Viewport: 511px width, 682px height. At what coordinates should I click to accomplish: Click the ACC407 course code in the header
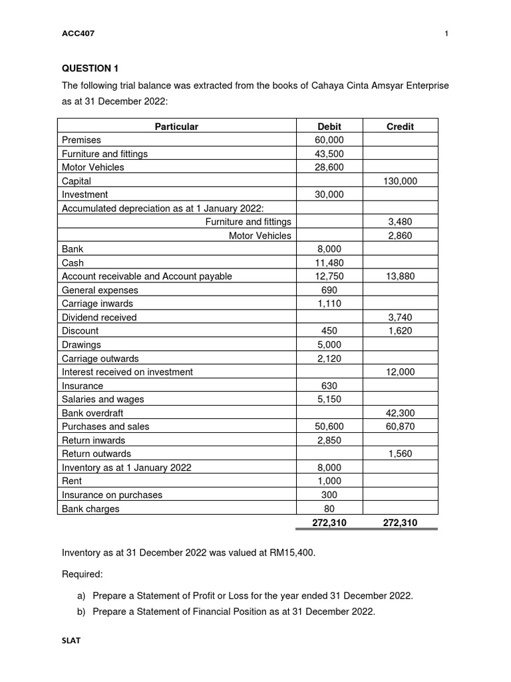coord(78,35)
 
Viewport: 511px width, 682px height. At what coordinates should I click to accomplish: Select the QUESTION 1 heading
coord(89,69)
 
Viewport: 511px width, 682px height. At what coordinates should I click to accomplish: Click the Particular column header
coord(176,126)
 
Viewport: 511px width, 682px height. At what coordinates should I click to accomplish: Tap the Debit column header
coord(329,126)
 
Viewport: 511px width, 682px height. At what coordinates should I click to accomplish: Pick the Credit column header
coord(400,126)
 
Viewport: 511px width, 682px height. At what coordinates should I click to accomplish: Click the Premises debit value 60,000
coord(329,140)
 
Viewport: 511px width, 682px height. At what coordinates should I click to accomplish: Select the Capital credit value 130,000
coord(400,180)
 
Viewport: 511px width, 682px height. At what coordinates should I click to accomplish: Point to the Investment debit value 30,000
coord(329,194)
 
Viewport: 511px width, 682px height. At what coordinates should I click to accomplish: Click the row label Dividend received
coord(99,318)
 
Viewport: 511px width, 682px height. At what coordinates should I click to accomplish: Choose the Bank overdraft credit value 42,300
coord(400,413)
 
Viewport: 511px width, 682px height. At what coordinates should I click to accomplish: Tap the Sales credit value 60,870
coord(400,426)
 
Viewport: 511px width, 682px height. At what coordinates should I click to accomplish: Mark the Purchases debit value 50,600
coord(329,426)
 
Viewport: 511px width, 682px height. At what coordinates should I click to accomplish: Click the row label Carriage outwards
coord(100,358)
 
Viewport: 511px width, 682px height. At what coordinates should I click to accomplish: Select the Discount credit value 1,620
coord(400,331)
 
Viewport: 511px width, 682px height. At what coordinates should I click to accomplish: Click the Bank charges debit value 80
coord(329,509)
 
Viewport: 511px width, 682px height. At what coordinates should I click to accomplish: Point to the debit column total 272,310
coord(329,523)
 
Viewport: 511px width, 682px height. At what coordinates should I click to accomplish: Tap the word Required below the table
coord(83,573)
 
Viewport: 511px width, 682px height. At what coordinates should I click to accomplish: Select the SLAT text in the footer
coord(71,641)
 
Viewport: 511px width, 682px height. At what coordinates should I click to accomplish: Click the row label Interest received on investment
coord(127,372)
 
